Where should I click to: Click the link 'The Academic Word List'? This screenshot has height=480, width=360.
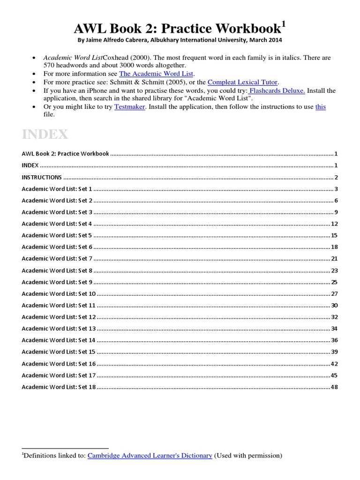coord(157,74)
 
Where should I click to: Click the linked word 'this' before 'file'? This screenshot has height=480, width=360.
coord(320,106)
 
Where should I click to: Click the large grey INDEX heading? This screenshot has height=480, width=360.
coord(45,135)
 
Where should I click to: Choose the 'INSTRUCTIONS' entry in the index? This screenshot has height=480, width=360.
coord(42,177)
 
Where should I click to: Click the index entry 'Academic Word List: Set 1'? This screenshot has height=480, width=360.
coord(57,189)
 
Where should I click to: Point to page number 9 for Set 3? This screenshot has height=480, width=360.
coord(336,212)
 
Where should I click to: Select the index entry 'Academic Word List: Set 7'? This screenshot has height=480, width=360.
coord(57,258)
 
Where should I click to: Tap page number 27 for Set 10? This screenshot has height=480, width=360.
coord(334,293)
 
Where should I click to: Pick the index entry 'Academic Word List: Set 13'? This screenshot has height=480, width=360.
coord(59,328)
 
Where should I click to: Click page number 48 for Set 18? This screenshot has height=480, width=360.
coord(334,387)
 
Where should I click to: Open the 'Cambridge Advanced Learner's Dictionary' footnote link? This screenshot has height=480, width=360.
coord(150,455)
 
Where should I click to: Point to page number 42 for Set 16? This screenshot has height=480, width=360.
coord(334,363)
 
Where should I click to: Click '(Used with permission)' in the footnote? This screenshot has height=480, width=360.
coord(248,455)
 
